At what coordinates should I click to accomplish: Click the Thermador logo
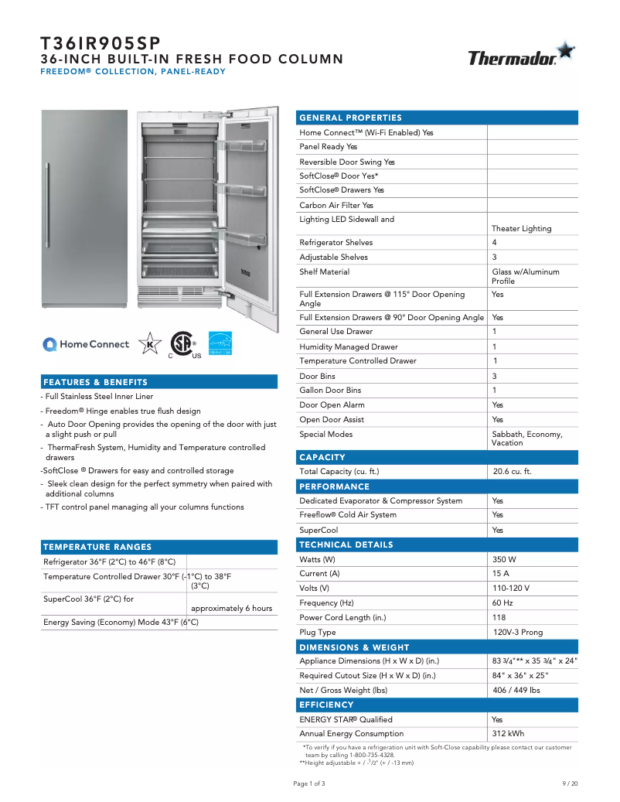point(520,56)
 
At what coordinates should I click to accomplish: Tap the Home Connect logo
point(86,344)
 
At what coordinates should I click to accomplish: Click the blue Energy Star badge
point(220,343)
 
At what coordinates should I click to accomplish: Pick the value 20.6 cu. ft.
point(513,471)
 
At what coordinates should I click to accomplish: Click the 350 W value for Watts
point(504,559)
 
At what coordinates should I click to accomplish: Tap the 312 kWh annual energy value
point(508,733)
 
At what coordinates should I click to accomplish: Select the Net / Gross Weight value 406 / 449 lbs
point(516,690)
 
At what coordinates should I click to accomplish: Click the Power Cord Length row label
point(342,617)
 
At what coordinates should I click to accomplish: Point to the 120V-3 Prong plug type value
point(518,632)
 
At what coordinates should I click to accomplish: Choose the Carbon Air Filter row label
point(336,205)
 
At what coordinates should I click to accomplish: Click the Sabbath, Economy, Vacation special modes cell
point(526,439)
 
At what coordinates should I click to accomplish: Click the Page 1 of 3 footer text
point(309,783)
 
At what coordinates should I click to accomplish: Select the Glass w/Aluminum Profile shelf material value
point(525,276)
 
